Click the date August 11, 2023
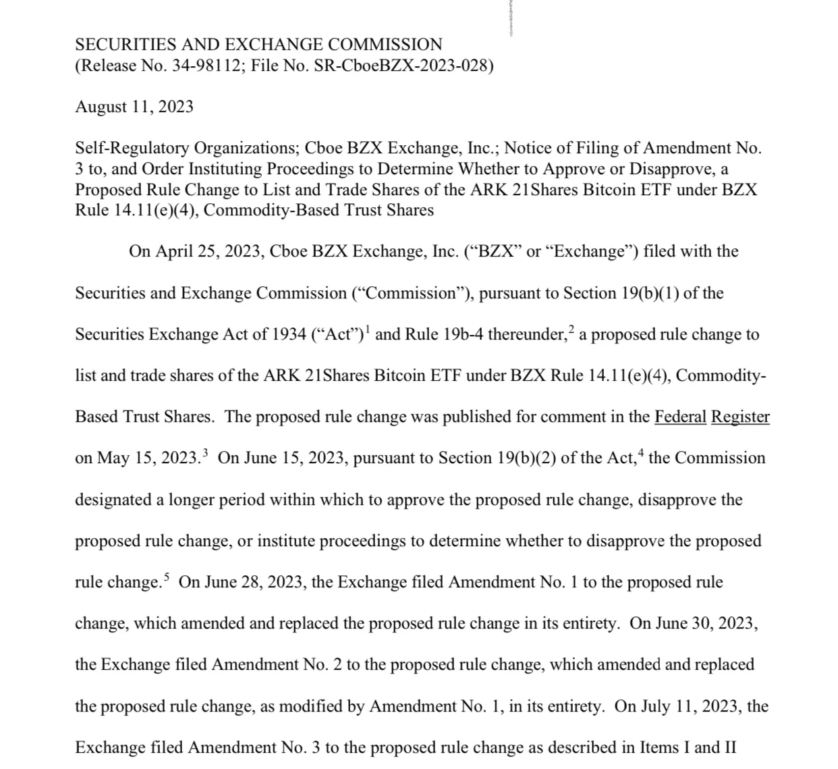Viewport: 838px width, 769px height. click(134, 107)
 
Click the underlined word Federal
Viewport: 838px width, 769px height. click(680, 417)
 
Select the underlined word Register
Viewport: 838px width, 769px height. click(740, 417)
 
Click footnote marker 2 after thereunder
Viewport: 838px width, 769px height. click(571, 329)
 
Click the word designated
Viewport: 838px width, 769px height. click(113, 500)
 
